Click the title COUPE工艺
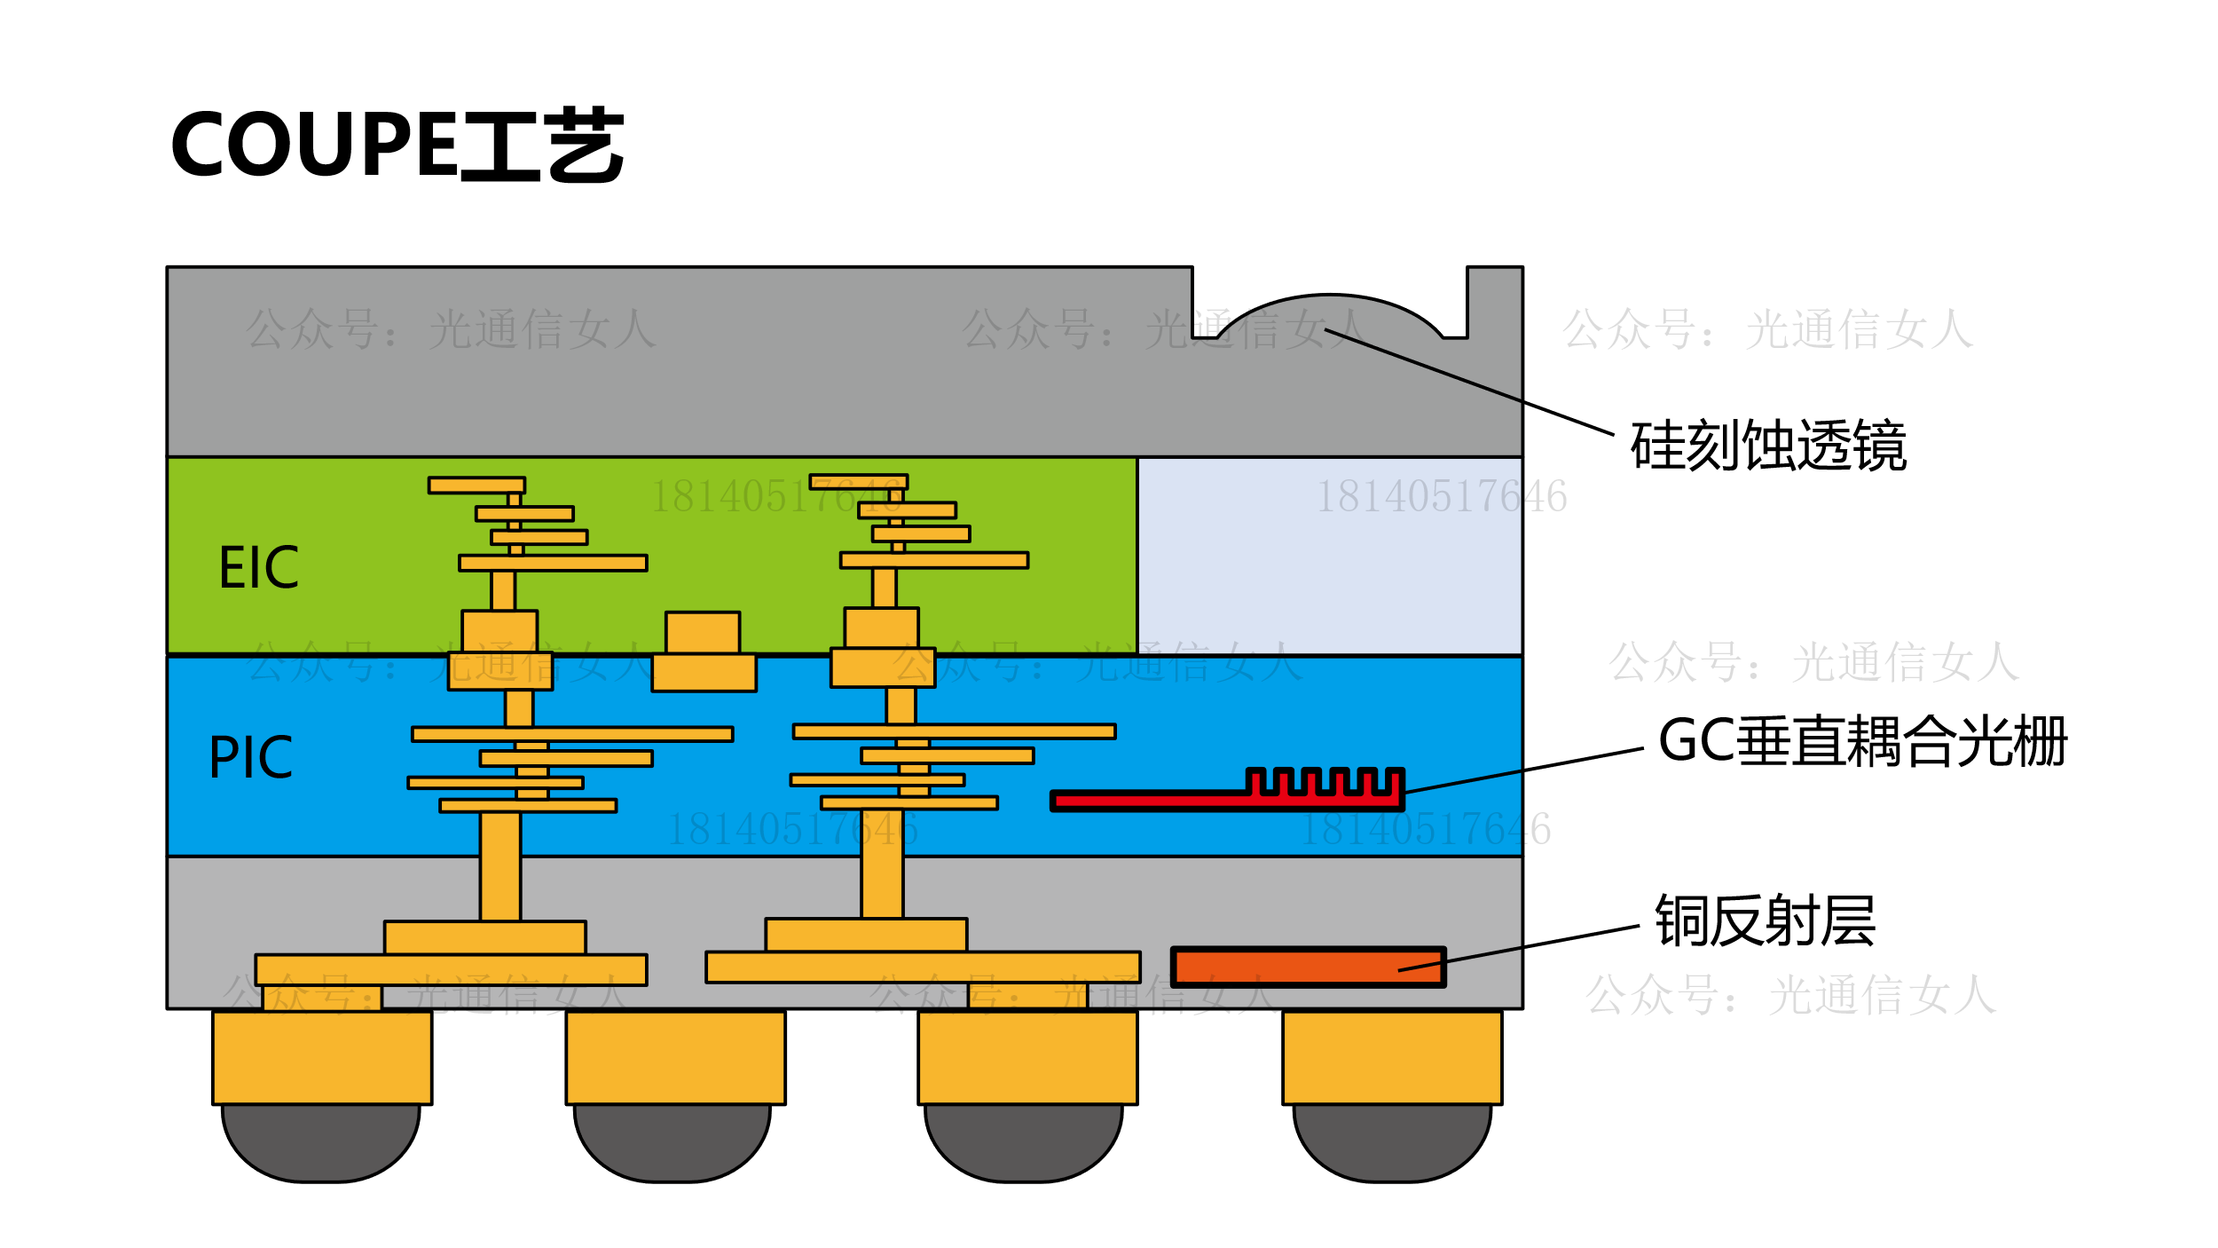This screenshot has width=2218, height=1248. tap(397, 145)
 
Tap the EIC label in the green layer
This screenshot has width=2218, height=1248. tap(258, 568)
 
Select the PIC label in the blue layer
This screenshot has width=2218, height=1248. tap(250, 757)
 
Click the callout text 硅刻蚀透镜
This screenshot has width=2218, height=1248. tap(1768, 446)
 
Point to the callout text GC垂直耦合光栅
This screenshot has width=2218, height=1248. tap(1862, 741)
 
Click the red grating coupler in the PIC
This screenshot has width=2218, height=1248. tap(1153, 801)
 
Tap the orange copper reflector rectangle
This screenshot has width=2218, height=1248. tap(1308, 968)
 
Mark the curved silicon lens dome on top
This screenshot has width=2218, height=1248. tap(1329, 311)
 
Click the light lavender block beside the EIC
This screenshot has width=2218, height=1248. tap(1329, 556)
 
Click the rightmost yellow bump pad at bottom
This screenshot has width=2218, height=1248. tap(1392, 1057)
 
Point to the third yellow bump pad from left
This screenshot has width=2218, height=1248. tap(1027, 1057)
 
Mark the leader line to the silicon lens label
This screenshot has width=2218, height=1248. tap(1469, 382)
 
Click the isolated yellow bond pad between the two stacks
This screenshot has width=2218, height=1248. tap(704, 652)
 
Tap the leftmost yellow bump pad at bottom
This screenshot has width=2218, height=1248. tap(322, 1057)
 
